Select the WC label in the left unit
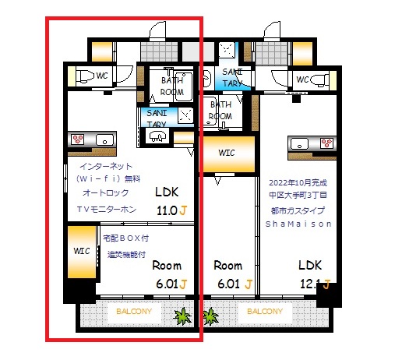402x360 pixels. tap(102, 76)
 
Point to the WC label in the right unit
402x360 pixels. tap(304, 79)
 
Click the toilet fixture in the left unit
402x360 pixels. tap(81, 76)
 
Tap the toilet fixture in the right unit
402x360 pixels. tap(327, 79)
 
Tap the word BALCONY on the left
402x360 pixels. tap(134, 312)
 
